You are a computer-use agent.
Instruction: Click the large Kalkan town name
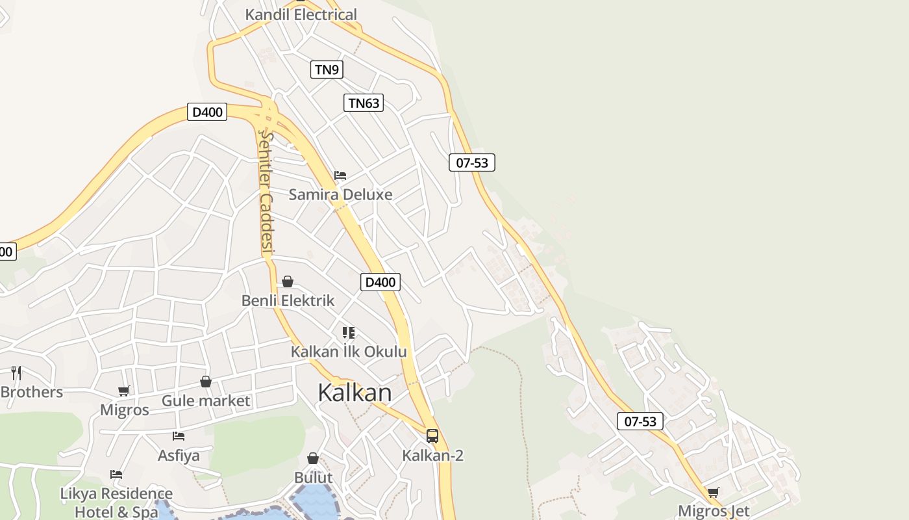355,393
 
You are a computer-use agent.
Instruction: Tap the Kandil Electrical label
301,14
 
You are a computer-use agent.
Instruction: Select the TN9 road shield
327,70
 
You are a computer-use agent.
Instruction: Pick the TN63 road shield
363,103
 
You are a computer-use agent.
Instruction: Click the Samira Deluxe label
340,194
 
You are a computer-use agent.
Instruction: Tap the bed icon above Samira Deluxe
340,175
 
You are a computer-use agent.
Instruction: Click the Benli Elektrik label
288,300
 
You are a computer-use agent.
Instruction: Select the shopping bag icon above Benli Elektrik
288,281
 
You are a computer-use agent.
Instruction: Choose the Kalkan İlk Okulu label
349,352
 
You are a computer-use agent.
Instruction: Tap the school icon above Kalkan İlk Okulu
349,333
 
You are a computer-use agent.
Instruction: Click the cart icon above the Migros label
124,391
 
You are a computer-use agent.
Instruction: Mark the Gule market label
205,400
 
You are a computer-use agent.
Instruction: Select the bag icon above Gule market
206,382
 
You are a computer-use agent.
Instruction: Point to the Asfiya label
179,455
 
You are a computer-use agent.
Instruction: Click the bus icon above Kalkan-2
432,436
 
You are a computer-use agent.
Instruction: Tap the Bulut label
313,477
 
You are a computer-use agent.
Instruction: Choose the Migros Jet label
713,511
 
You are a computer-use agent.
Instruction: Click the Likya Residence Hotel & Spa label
116,502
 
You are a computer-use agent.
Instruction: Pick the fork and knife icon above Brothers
16,373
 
